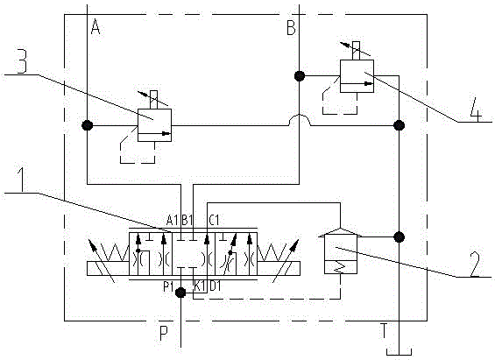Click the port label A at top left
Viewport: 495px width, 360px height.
(95, 26)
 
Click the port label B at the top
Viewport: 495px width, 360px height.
(291, 27)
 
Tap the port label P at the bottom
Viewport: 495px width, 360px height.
(164, 333)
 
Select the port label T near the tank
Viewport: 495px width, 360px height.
(384, 330)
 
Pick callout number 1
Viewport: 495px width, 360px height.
(21, 180)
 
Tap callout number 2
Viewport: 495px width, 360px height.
(475, 264)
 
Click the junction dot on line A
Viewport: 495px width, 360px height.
(87, 125)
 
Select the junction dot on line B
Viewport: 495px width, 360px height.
(300, 76)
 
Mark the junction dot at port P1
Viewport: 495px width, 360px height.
(180, 293)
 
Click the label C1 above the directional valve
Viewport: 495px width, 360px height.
(214, 220)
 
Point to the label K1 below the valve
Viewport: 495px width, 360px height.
(200, 286)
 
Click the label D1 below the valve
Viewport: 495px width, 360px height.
(216, 286)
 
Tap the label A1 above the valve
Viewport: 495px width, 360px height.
(173, 220)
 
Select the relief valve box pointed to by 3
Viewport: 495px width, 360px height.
(155, 125)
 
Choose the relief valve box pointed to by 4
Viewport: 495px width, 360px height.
(357, 76)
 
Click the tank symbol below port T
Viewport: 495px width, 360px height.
(399, 352)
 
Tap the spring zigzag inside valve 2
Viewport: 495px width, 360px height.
(339, 267)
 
